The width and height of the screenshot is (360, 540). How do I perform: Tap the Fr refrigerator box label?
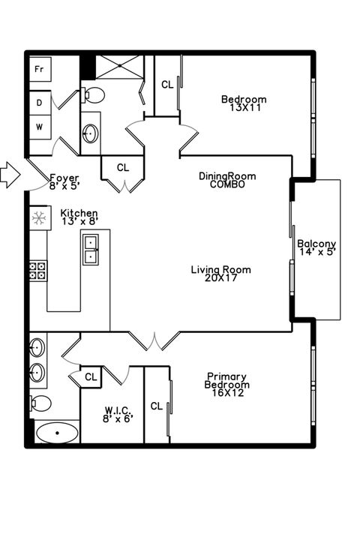(39, 68)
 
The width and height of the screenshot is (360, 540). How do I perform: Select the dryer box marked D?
(39, 100)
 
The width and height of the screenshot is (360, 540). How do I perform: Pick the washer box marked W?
(39, 127)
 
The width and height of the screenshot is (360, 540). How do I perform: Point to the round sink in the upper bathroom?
(90, 134)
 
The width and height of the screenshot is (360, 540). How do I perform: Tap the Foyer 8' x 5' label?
(64, 181)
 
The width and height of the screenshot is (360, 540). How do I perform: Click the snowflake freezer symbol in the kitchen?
(38, 218)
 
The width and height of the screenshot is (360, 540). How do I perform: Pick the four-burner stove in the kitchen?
(37, 271)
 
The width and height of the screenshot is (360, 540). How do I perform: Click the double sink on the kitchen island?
(91, 249)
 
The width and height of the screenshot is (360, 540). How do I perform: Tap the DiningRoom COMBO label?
(227, 180)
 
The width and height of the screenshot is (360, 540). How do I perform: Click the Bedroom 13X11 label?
(243, 103)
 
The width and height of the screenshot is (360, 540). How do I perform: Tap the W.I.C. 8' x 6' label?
(118, 413)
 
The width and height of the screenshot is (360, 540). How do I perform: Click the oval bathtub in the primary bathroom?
(56, 433)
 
